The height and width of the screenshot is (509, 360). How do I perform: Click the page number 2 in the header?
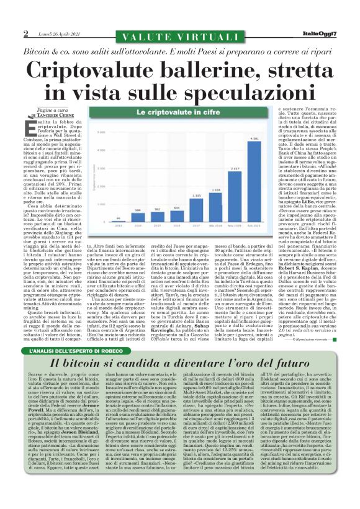coord(25,33)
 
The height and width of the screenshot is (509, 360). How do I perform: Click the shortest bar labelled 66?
coord(119,236)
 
